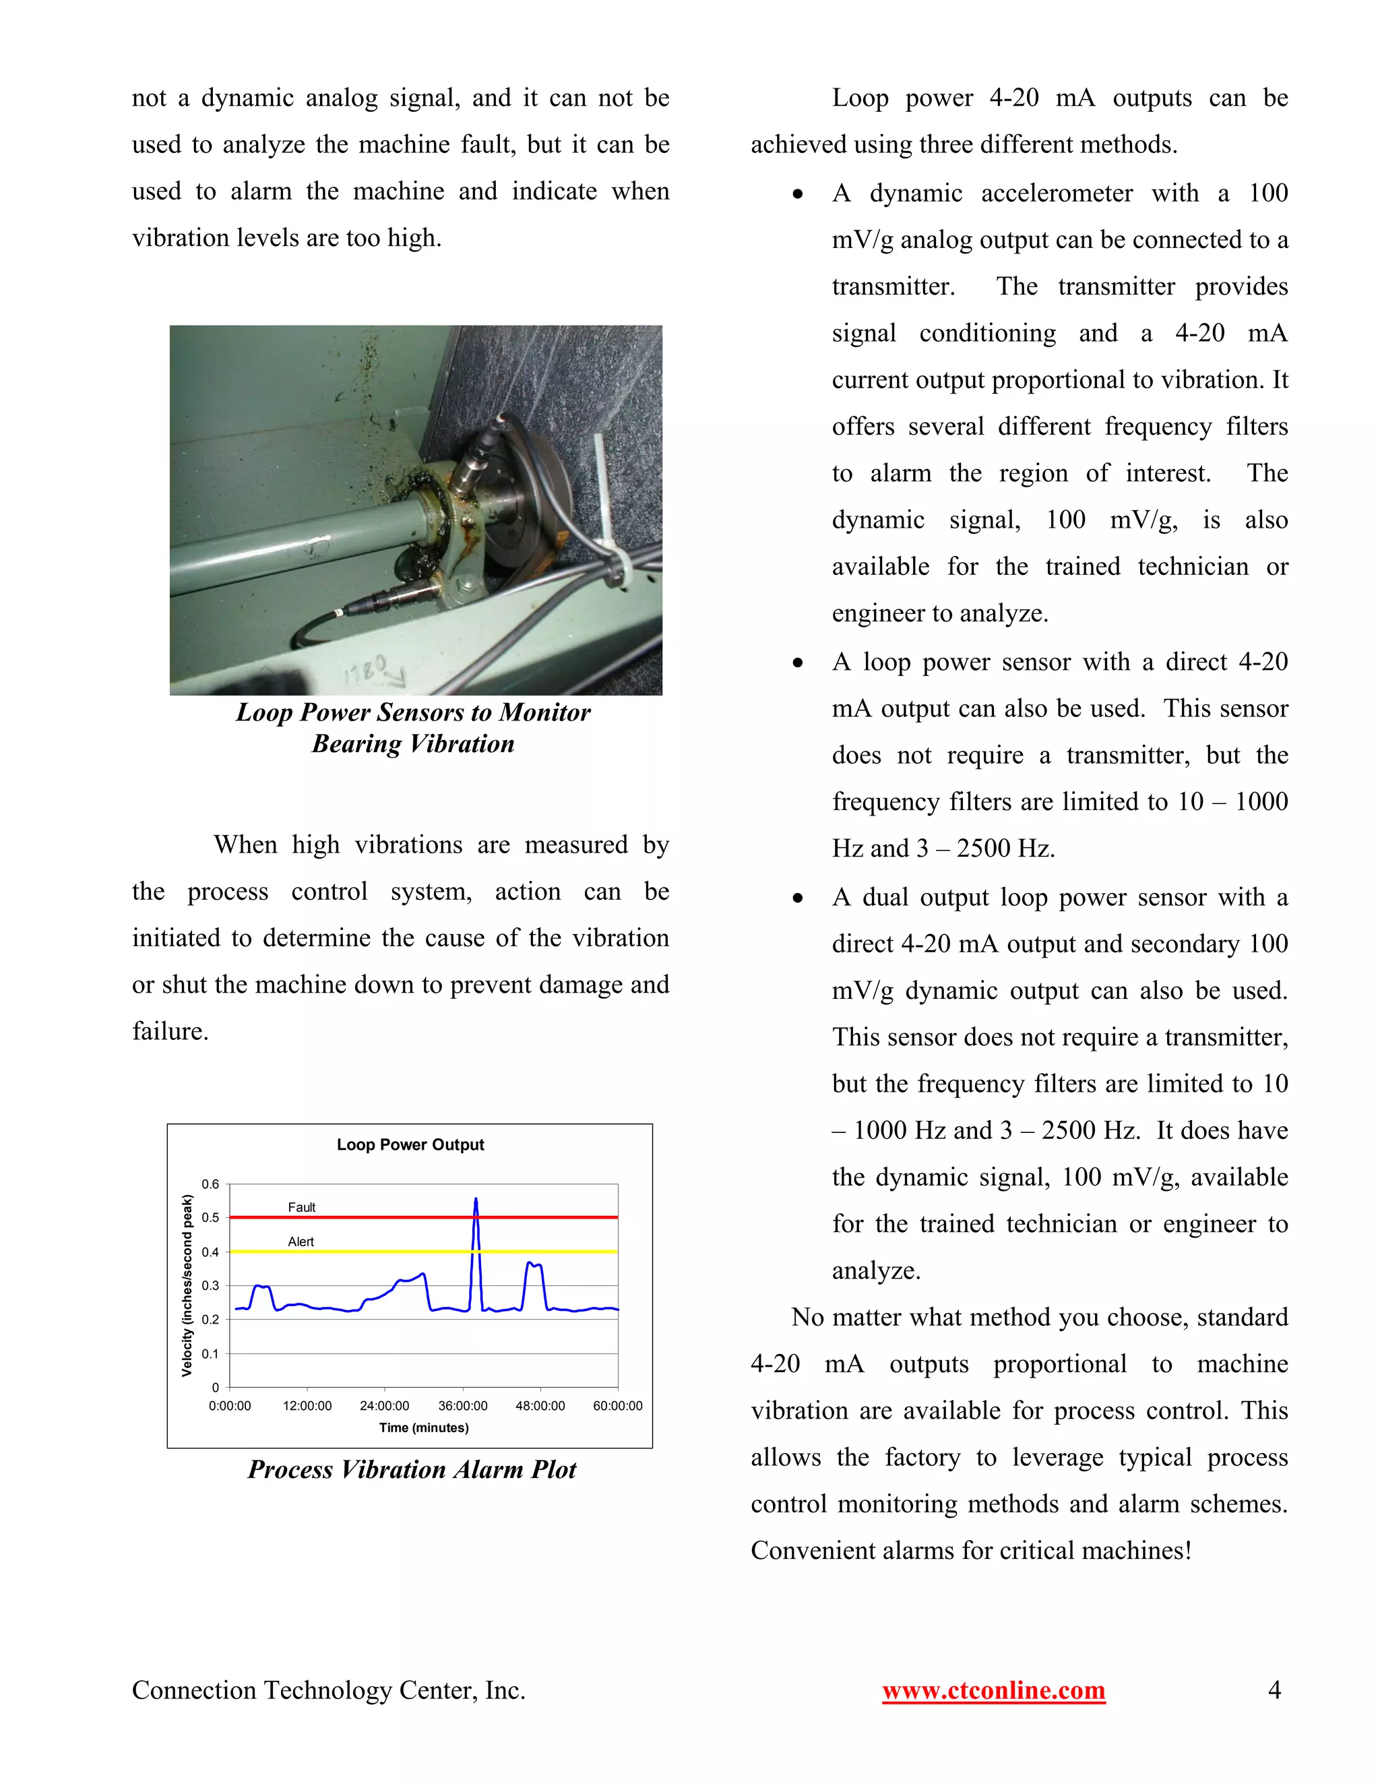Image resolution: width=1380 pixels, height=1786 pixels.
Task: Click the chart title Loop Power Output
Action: pyautogui.click(x=410, y=1145)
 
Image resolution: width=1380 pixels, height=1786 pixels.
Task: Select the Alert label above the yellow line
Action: pyautogui.click(x=300, y=1241)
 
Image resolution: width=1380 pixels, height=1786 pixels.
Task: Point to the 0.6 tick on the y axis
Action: pyautogui.click(x=210, y=1184)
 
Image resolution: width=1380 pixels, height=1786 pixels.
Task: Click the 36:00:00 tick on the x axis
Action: pyautogui.click(x=463, y=1406)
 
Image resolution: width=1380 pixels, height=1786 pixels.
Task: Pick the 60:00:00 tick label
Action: pyautogui.click(x=617, y=1406)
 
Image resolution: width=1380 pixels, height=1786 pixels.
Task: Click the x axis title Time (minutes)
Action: pyautogui.click(x=423, y=1428)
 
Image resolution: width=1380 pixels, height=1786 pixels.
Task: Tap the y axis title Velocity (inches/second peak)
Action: pyautogui.click(x=187, y=1285)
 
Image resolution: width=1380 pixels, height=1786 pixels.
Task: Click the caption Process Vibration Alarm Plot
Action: pyautogui.click(x=412, y=1469)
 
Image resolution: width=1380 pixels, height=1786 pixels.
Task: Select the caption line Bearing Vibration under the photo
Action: pyautogui.click(x=413, y=744)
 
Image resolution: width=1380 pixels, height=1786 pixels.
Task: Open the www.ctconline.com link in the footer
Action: pyautogui.click(x=993, y=1690)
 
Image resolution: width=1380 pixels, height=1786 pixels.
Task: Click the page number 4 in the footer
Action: pyautogui.click(x=1274, y=1690)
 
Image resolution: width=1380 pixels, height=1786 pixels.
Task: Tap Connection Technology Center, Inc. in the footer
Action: pyautogui.click(x=328, y=1690)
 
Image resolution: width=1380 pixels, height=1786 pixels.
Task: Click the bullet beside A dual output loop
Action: pyautogui.click(x=798, y=898)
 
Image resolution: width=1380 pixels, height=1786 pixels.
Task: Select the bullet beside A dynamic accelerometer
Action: pyautogui.click(x=798, y=195)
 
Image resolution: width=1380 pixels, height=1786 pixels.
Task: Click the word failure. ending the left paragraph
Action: pyautogui.click(x=170, y=1031)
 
